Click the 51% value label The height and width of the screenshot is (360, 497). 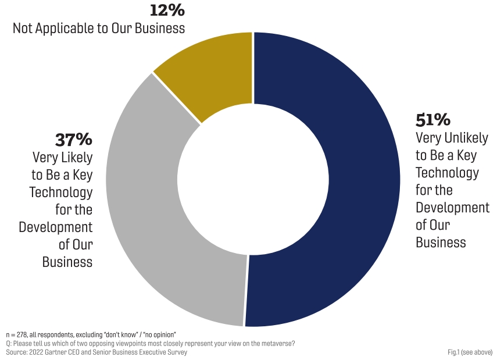click(432, 120)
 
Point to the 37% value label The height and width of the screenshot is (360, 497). click(74, 140)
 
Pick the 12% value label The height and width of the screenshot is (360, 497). click(167, 10)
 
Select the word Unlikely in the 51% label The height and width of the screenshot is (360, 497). click(464, 138)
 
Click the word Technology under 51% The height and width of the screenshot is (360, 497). click(447, 173)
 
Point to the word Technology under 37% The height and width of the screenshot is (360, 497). click(61, 193)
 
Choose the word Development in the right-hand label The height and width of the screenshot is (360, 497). click(452, 208)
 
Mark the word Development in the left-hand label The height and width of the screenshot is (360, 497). click(55, 227)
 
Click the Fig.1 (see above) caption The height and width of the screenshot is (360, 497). click(470, 352)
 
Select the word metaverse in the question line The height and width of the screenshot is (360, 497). click(278, 343)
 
